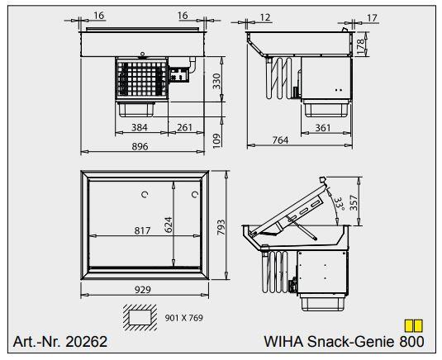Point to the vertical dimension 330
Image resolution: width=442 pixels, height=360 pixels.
point(217,80)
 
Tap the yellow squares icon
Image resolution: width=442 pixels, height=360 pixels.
point(412,326)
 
